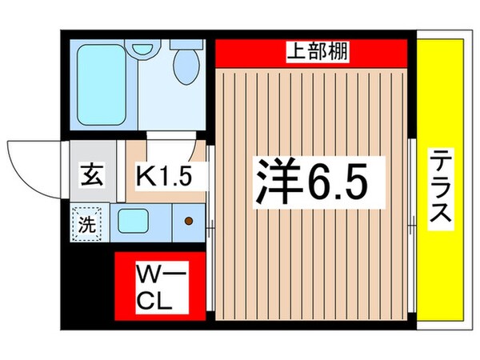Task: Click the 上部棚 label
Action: tap(312, 54)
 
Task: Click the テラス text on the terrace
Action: tap(439, 190)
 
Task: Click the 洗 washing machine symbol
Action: tap(86, 222)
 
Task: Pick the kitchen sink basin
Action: tap(133, 218)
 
